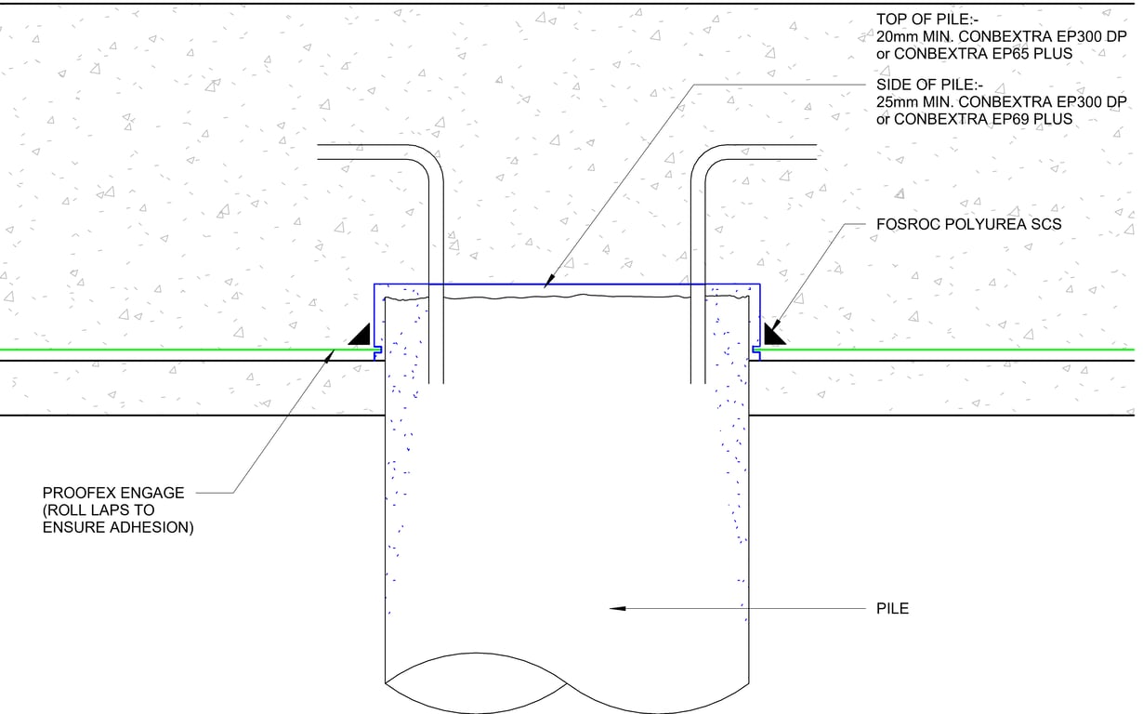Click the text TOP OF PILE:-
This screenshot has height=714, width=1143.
(x=927, y=20)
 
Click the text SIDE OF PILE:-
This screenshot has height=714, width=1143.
(x=929, y=85)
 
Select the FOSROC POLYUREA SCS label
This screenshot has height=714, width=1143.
(x=968, y=224)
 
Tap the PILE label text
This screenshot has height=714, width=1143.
(x=892, y=608)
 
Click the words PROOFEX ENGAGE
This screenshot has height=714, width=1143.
(x=113, y=493)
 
